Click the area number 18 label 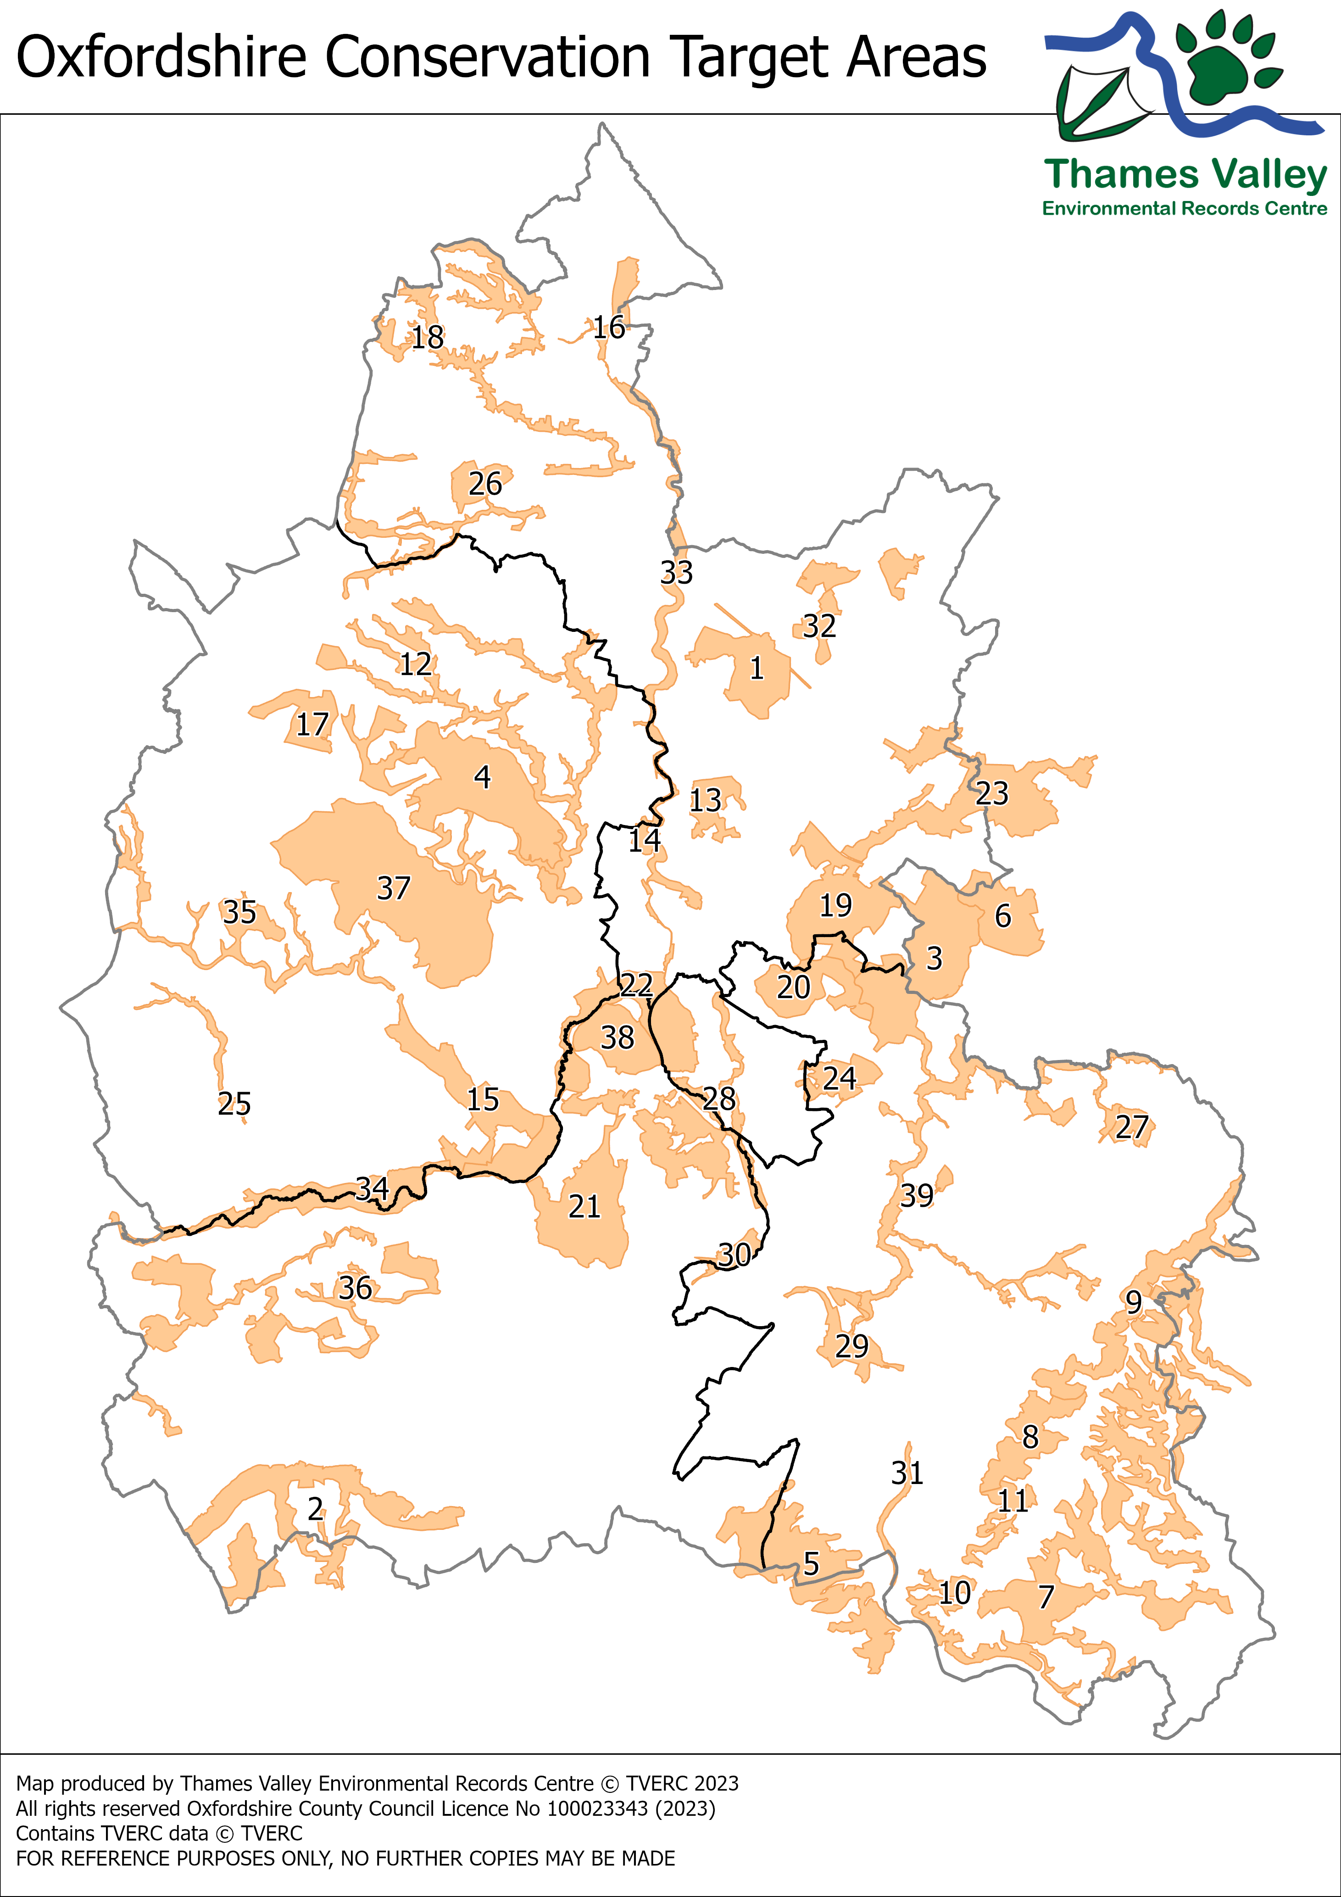pos(428,337)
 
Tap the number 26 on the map pos(485,483)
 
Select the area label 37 pos(393,888)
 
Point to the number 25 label pos(234,1103)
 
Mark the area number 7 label pos(1046,1596)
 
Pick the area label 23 pos(992,793)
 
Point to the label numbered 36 pos(355,1287)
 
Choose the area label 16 pos(609,327)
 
